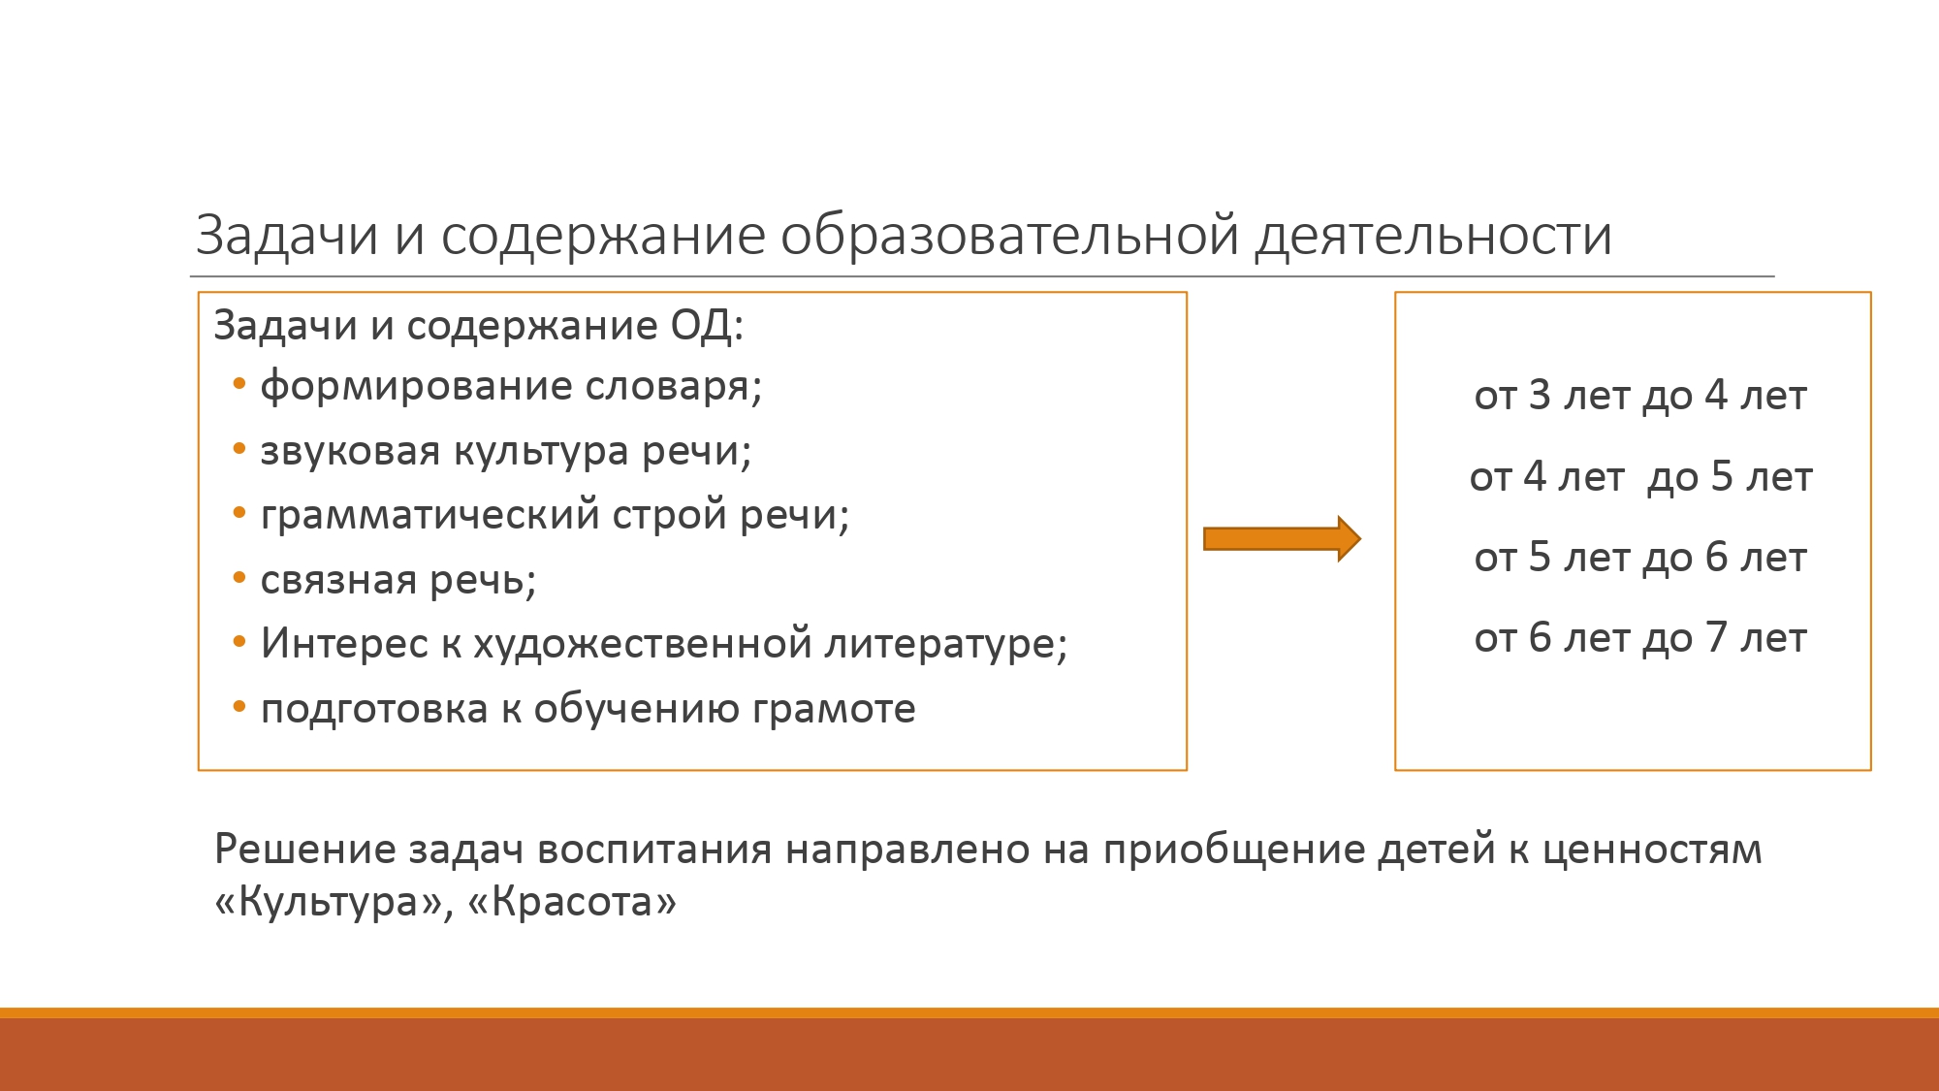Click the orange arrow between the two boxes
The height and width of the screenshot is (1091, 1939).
point(1282,538)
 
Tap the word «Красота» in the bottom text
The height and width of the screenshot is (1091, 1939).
point(572,902)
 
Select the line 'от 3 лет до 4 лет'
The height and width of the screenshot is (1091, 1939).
point(1640,396)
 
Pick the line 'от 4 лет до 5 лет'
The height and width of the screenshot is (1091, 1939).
point(1640,477)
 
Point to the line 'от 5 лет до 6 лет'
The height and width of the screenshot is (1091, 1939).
point(1640,558)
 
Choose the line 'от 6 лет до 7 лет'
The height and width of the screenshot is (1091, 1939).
point(1640,638)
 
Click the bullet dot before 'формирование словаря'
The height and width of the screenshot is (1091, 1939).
point(239,385)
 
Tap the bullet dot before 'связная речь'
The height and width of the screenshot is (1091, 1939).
point(239,579)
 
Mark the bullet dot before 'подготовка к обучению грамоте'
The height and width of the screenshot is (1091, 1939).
point(239,707)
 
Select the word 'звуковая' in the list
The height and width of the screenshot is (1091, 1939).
point(350,451)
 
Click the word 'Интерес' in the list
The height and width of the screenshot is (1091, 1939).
point(344,643)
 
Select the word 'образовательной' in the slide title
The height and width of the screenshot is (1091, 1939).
point(1009,236)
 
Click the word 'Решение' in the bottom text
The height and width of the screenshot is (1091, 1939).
point(305,850)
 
